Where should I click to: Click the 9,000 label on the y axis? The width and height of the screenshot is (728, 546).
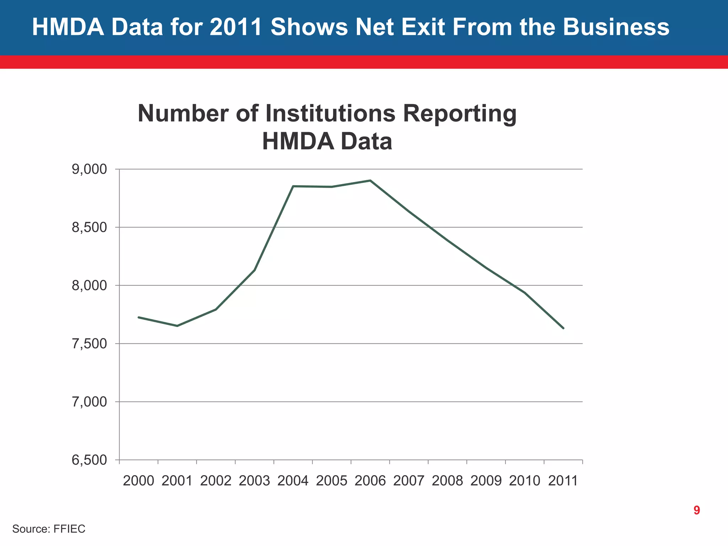[x=89, y=170]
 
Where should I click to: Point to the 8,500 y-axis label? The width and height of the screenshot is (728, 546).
[x=89, y=227]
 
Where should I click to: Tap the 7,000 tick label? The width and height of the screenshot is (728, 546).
[x=89, y=402]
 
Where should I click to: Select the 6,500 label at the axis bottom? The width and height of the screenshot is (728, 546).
[x=89, y=460]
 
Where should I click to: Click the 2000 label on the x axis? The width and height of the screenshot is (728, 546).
[x=138, y=481]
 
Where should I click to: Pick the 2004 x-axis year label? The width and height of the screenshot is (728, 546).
[x=293, y=481]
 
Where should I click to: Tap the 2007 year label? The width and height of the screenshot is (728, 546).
[x=409, y=481]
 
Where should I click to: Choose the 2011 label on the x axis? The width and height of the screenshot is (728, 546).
[x=563, y=481]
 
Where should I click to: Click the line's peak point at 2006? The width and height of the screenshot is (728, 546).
[x=370, y=181]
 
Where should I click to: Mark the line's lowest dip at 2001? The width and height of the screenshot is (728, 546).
[x=177, y=326]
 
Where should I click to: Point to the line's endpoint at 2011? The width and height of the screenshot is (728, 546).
[x=563, y=328]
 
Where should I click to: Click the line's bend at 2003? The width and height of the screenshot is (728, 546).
[x=255, y=270]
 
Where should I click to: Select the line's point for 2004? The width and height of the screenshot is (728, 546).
[x=293, y=186]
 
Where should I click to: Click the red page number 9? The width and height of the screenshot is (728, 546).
[x=697, y=510]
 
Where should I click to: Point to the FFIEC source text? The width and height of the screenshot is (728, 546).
[x=69, y=529]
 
